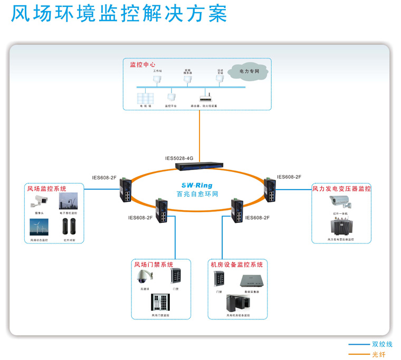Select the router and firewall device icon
click(204, 98)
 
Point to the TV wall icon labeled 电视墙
click(145, 98)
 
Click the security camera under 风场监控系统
click(40, 201)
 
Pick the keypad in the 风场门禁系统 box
click(176, 276)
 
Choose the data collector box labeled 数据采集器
click(251, 280)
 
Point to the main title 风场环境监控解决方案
click(119, 14)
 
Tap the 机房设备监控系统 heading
click(236, 264)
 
